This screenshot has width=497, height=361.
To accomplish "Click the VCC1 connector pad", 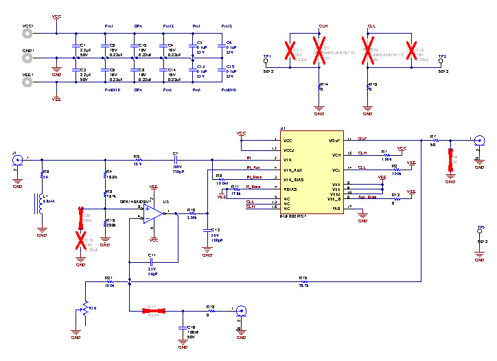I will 27,34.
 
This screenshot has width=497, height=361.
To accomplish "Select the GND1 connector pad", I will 27,58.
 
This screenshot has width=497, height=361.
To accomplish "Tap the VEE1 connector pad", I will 27,82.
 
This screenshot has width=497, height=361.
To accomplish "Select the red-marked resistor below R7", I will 450,157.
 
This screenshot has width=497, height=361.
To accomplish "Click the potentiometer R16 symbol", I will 86,307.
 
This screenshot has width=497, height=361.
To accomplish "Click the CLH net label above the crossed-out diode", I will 323,26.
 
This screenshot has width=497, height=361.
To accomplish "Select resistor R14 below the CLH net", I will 319,86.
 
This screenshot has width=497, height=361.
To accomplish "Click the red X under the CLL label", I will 368,49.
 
